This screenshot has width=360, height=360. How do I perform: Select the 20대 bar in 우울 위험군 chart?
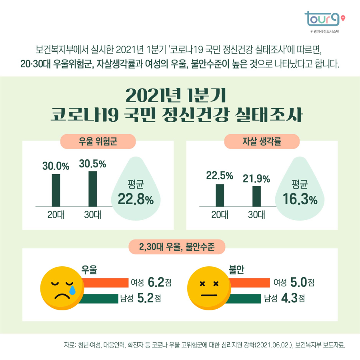point(56,190)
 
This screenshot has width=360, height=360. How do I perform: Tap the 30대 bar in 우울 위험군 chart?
point(93,188)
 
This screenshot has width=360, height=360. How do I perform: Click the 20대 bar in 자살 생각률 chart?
point(220,195)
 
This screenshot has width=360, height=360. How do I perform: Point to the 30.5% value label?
point(92,164)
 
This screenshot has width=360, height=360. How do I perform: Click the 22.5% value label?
point(220,175)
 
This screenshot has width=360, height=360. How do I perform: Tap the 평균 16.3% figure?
point(300,193)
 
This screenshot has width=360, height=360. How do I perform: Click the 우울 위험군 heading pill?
point(98,141)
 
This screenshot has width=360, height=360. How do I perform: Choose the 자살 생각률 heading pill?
point(262,141)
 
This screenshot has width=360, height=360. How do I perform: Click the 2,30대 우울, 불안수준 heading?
point(177,247)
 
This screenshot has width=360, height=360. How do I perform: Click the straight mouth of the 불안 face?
point(209,295)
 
